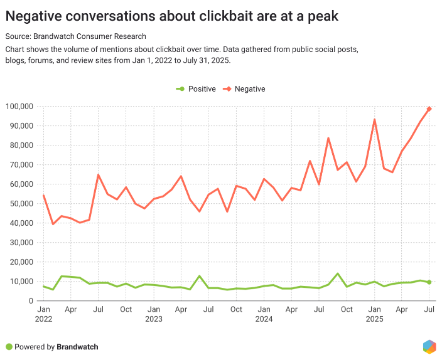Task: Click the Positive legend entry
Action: pyautogui.click(x=195, y=89)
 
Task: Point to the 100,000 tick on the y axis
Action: pyautogui.click(x=21, y=107)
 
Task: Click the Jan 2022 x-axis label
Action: pyautogui.click(x=43, y=314)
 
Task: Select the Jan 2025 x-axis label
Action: pyautogui.click(x=374, y=314)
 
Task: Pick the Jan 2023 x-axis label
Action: pyautogui.click(x=154, y=314)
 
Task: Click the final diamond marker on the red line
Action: pyautogui.click(x=429, y=109)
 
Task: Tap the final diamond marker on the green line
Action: pyautogui.click(x=429, y=282)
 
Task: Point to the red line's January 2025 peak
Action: pyautogui.click(x=374, y=120)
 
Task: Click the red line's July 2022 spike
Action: pyautogui.click(x=99, y=175)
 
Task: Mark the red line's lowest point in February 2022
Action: pyautogui.click(x=53, y=224)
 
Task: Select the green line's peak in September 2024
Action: pyautogui.click(x=338, y=273)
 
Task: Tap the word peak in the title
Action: pyautogui.click(x=322, y=16)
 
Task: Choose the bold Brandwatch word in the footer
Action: pyautogui.click(x=77, y=346)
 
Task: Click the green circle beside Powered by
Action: pyautogui.click(x=9, y=346)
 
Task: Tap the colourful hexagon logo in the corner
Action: pyautogui.click(x=429, y=346)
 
